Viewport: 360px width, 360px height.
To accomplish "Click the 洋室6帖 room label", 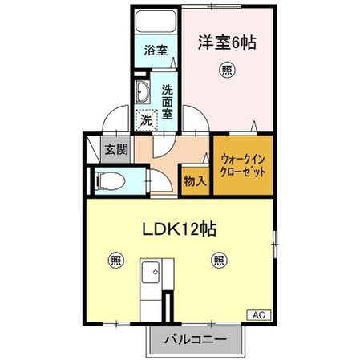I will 228,43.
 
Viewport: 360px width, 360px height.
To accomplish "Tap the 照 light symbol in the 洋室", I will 228,71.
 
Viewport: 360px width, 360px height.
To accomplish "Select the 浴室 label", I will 156,51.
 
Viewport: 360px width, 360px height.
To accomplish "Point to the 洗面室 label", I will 168,101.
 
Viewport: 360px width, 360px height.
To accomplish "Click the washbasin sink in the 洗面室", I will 143,92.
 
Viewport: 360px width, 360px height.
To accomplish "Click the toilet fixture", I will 112,180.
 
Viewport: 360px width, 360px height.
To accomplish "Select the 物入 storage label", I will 196,181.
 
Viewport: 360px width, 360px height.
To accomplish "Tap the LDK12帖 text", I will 177,229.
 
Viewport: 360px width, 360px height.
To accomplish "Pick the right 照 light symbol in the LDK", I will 218,260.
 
